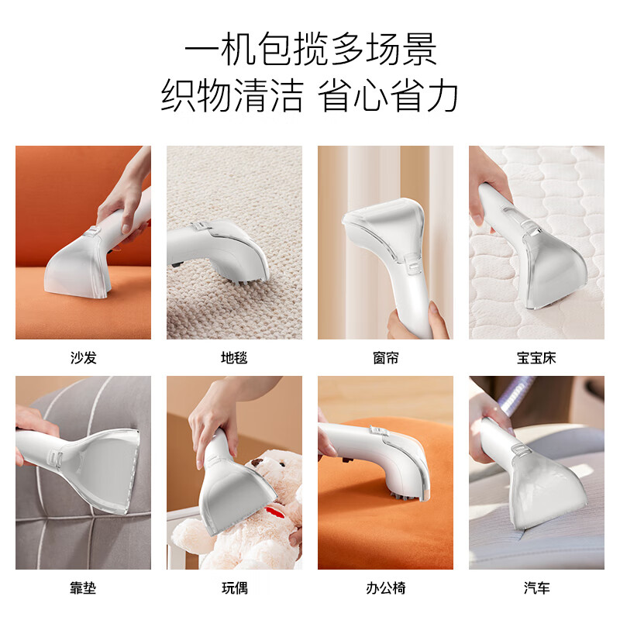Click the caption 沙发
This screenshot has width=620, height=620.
pyautogui.click(x=84, y=358)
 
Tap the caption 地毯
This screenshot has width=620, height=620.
pyautogui.click(x=234, y=358)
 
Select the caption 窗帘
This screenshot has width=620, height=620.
pyautogui.click(x=385, y=358)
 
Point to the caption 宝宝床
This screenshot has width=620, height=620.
pyautogui.click(x=536, y=358)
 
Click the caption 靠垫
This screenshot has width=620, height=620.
pyautogui.click(x=83, y=588)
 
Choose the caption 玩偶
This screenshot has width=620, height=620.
pyautogui.click(x=235, y=588)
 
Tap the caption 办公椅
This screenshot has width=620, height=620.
pyautogui.click(x=385, y=588)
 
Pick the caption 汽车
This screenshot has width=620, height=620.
pyautogui.click(x=536, y=588)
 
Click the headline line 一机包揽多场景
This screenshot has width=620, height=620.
pyautogui.click(x=311, y=50)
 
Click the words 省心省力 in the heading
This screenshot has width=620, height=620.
pyautogui.click(x=388, y=95)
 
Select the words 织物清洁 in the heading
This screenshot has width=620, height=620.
pyautogui.click(x=232, y=95)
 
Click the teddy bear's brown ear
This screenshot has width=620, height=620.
pyautogui.click(x=258, y=462)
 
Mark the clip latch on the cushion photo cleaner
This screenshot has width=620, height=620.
pyautogui.click(x=55, y=459)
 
